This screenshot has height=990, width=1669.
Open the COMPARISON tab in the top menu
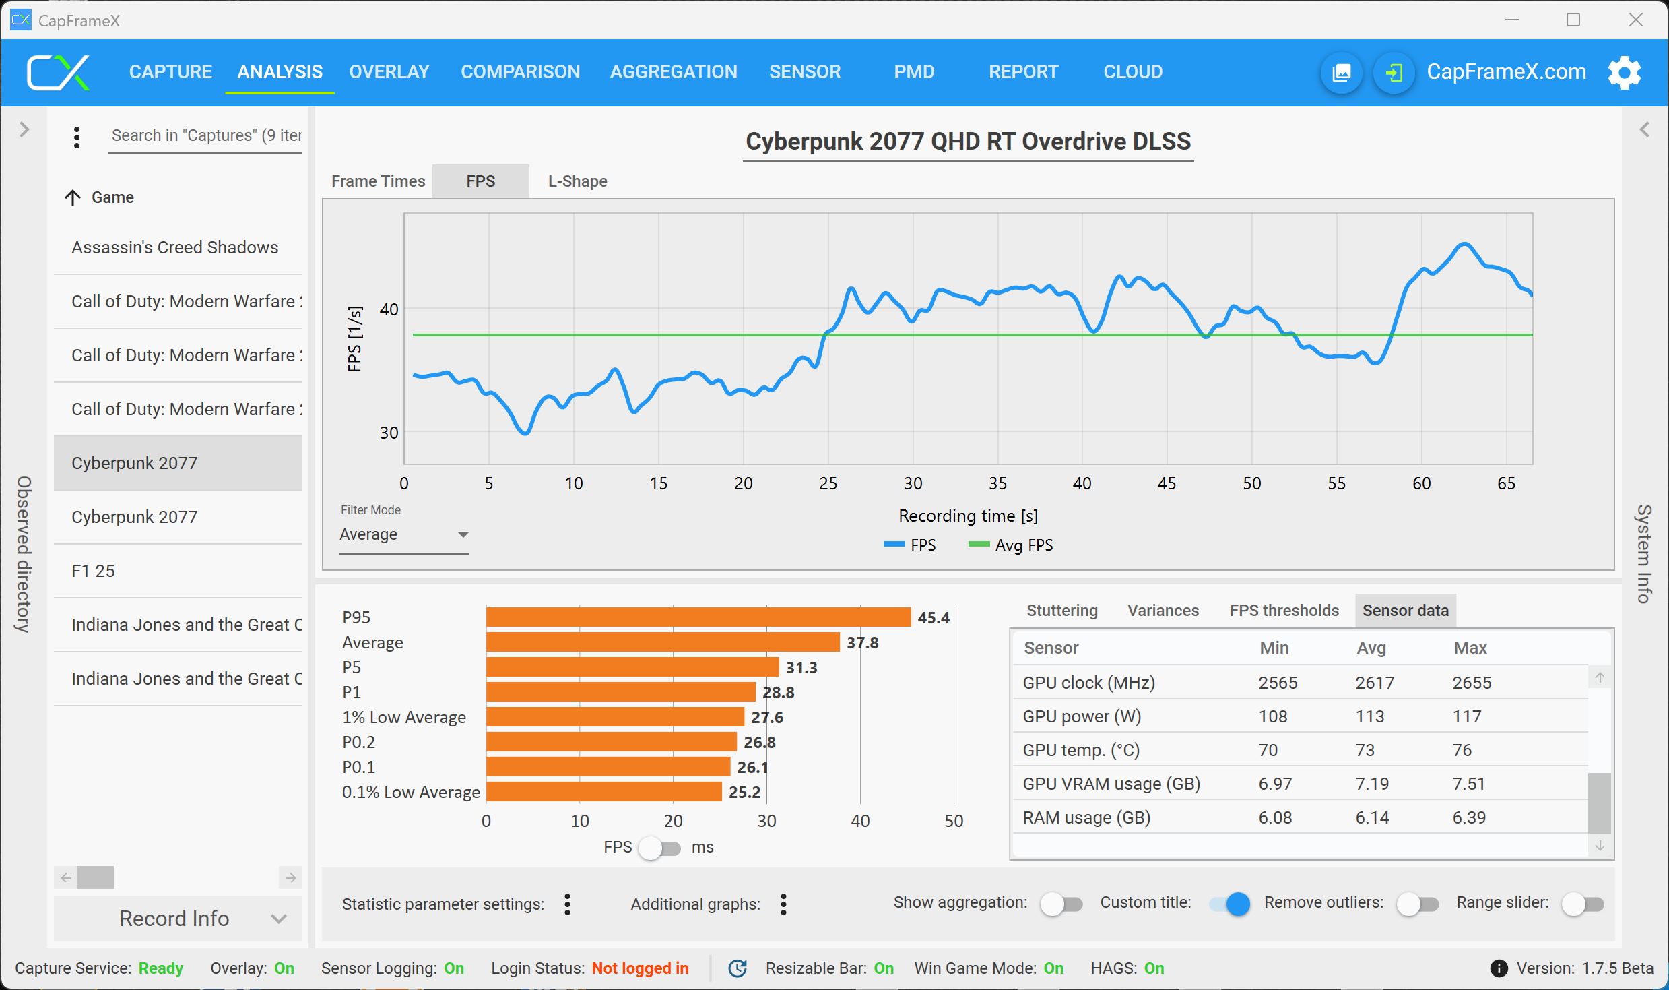(x=520, y=71)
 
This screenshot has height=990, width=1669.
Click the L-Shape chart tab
(x=577, y=181)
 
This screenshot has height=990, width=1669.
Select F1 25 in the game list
(x=93, y=571)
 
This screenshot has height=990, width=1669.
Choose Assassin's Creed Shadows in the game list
(x=174, y=247)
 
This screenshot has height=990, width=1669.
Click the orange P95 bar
(x=698, y=617)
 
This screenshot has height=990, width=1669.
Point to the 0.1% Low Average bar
(x=603, y=792)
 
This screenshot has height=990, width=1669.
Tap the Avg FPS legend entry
(x=1010, y=545)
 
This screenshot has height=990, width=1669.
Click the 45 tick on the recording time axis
(x=1167, y=483)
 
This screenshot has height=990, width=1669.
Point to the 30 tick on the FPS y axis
(x=389, y=433)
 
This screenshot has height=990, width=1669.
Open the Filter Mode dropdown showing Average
(x=403, y=534)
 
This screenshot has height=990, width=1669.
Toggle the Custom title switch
(x=1230, y=904)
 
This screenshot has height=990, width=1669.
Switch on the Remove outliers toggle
(x=1417, y=904)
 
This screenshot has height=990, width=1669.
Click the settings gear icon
(x=1624, y=72)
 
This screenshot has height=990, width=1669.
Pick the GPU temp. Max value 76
(x=1462, y=750)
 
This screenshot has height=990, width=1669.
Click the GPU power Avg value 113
(x=1369, y=716)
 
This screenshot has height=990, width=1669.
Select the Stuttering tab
(x=1061, y=610)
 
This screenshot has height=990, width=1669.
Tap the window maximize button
(x=1573, y=20)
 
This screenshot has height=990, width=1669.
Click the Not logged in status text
(x=640, y=968)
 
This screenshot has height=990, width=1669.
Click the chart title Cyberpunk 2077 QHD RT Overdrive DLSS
(x=968, y=142)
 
